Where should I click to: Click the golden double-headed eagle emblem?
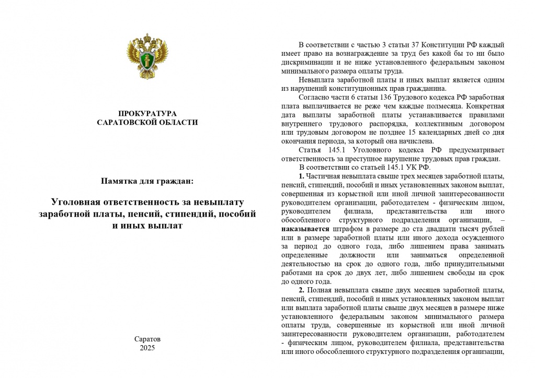[x=147, y=55]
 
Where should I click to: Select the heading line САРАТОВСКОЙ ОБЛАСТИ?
[x=147, y=122]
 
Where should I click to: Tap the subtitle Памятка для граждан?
[x=147, y=181]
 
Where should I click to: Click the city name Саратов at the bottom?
[x=147, y=339]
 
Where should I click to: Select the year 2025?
[x=147, y=348]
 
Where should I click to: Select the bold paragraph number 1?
[x=302, y=175]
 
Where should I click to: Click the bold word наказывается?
[x=305, y=229]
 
